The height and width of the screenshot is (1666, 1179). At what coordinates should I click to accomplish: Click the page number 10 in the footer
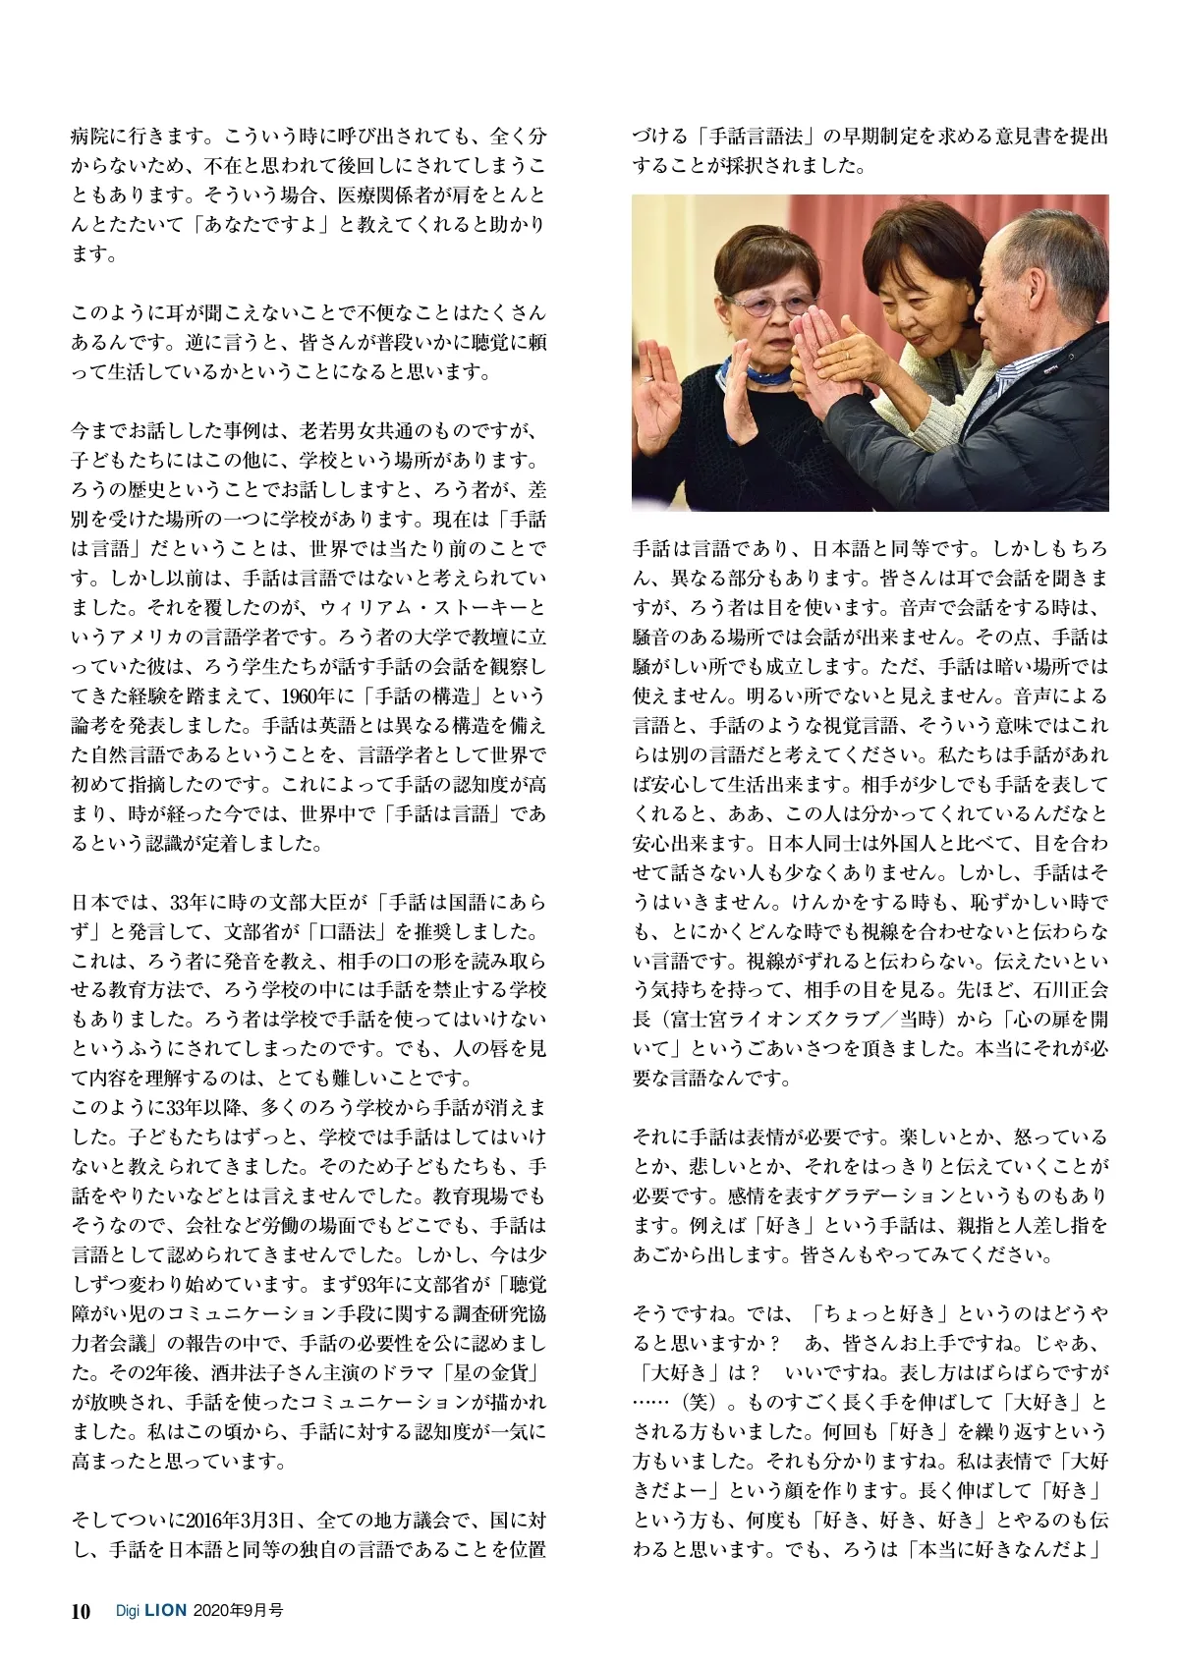(x=81, y=1611)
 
